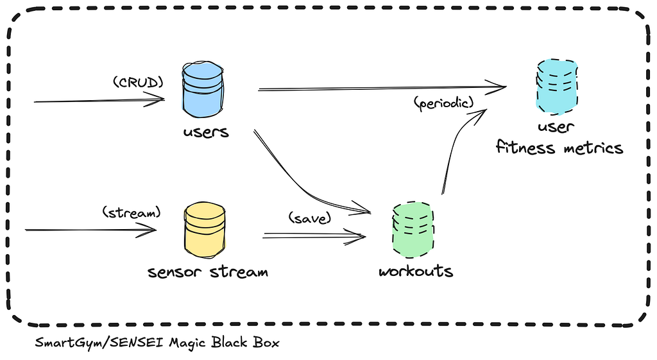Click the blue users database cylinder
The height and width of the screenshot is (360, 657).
pyautogui.click(x=203, y=89)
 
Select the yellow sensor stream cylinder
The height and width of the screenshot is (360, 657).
pyautogui.click(x=205, y=230)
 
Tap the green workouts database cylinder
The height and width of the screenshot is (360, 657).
pyautogui.click(x=413, y=230)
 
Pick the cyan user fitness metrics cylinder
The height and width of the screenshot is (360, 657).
pyautogui.click(x=557, y=87)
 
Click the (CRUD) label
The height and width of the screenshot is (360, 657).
pyautogui.click(x=139, y=82)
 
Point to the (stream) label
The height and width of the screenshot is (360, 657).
pyautogui.click(x=132, y=212)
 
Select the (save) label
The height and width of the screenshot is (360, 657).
pyautogui.click(x=310, y=218)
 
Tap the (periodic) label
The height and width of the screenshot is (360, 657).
pyautogui.click(x=444, y=102)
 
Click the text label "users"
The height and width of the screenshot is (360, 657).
pyautogui.click(x=206, y=132)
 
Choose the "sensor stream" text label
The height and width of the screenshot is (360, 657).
pyautogui.click(x=208, y=272)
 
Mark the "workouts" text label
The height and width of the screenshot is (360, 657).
pyautogui.click(x=416, y=271)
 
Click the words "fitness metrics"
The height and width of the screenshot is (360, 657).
pyautogui.click(x=559, y=148)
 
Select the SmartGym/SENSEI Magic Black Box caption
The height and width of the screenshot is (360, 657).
pyautogui.click(x=157, y=343)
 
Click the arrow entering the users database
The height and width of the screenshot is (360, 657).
pyautogui.click(x=99, y=100)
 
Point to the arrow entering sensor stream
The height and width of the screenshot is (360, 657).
pyautogui.click(x=91, y=230)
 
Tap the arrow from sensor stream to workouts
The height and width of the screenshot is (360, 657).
pyautogui.click(x=314, y=236)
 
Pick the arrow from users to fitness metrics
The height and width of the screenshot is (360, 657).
pyautogui.click(x=382, y=88)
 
